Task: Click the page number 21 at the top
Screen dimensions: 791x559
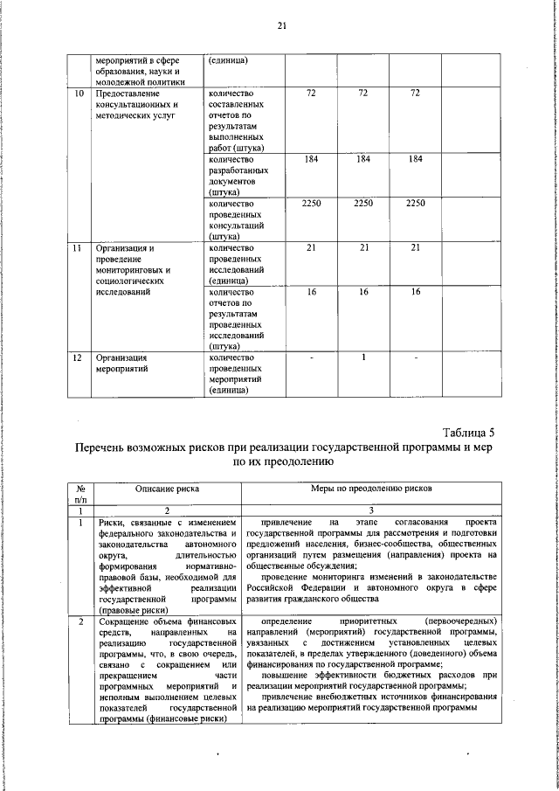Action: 281,25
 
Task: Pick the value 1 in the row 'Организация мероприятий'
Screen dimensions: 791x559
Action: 362,357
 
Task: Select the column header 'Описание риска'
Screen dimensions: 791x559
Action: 167,490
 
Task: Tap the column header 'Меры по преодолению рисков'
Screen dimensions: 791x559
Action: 371,490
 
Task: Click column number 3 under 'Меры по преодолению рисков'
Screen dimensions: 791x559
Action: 371,510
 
